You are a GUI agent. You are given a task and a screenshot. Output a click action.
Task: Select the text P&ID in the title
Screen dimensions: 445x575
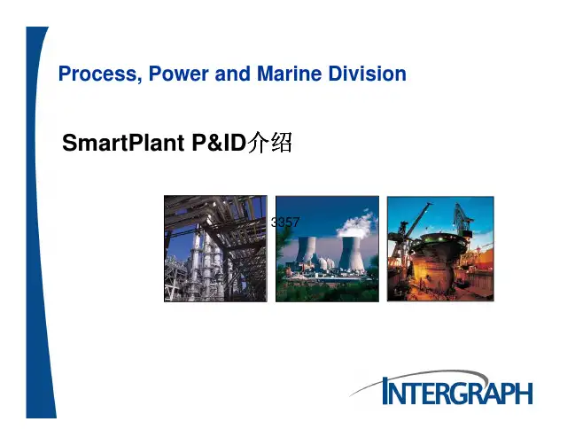pos(218,144)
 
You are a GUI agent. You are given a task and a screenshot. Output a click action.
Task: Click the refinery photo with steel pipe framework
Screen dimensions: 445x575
pos(215,248)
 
